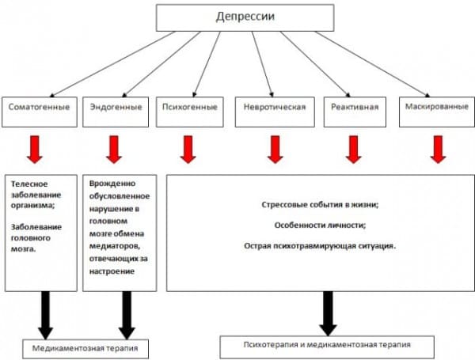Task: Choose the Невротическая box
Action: pyautogui.click(x=274, y=107)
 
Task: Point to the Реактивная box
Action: pyautogui.click(x=352, y=107)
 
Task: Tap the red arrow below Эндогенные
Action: pyautogui.click(x=114, y=148)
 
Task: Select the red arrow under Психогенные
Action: pyautogui.click(x=188, y=148)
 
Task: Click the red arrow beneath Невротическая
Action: pyautogui.click(x=274, y=148)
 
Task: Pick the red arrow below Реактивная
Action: pyautogui.click(x=353, y=148)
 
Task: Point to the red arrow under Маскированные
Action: pyautogui.click(x=438, y=148)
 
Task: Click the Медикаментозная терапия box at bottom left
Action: pyautogui.click(x=79, y=347)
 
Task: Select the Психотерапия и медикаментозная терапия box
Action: pyautogui.click(x=326, y=346)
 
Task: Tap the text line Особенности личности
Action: pyautogui.click(x=320, y=225)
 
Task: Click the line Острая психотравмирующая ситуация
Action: pyautogui.click(x=320, y=245)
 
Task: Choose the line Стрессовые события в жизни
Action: pyautogui.click(x=320, y=204)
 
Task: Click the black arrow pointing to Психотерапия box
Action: pyautogui.click(x=328, y=313)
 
